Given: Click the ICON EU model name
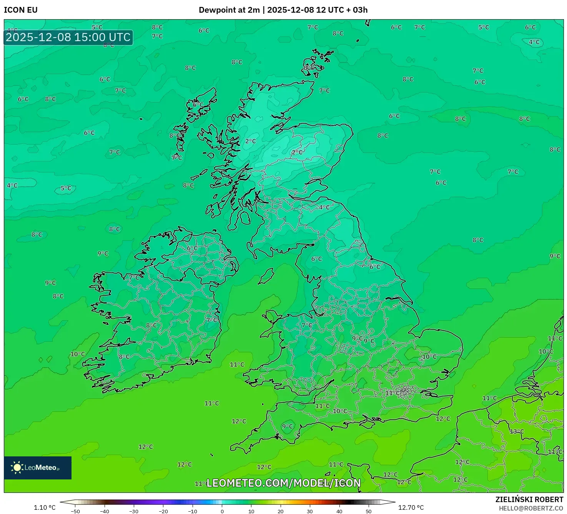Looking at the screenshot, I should (x=21, y=10).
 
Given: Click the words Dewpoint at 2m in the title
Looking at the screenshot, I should (x=229, y=10).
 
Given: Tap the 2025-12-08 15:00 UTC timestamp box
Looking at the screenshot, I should (x=68, y=37).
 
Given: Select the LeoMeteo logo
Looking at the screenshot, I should (x=38, y=468).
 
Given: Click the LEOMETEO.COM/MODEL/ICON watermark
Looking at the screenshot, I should (x=283, y=483).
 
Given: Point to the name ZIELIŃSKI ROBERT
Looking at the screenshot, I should (x=529, y=499).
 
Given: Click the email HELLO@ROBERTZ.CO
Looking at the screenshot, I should (x=531, y=508).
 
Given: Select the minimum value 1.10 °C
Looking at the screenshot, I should (x=45, y=507).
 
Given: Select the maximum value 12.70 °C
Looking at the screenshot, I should (x=411, y=507).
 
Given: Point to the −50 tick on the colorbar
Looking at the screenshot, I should (x=75, y=511).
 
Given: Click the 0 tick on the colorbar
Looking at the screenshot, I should (x=222, y=511).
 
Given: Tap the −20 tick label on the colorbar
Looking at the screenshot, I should (x=163, y=511).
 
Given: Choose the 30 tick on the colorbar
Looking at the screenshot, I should (x=310, y=511).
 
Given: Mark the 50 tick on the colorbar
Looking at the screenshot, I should (x=369, y=511).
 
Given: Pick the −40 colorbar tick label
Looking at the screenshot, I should (x=105, y=511).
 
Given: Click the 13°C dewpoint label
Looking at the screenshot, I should (x=517, y=431).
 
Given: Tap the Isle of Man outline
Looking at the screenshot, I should (x=266, y=275).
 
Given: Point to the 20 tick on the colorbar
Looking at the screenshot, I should (x=281, y=511).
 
